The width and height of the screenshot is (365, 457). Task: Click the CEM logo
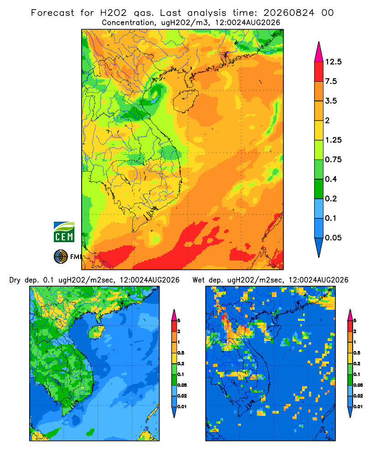click(x=64, y=232)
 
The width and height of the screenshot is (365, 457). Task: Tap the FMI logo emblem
click(x=61, y=256)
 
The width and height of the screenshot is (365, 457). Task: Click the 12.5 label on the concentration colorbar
click(x=333, y=62)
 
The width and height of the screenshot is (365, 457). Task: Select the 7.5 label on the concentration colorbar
click(x=331, y=81)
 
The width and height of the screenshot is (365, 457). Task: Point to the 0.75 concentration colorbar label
click(x=333, y=159)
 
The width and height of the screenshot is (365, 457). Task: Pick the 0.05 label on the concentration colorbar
click(x=333, y=238)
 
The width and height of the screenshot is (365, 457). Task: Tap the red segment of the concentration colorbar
click(x=319, y=72)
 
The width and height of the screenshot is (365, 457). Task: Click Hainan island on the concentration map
click(x=185, y=101)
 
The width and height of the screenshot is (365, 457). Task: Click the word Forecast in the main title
click(x=52, y=13)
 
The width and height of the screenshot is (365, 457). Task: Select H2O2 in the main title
click(x=113, y=13)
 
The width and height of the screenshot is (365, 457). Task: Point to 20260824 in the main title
click(x=289, y=13)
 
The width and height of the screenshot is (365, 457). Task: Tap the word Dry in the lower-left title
click(x=15, y=281)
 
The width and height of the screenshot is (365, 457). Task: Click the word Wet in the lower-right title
click(x=199, y=280)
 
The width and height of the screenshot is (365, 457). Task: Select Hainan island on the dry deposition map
click(x=96, y=332)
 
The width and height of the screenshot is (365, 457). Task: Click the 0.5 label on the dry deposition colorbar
click(x=181, y=353)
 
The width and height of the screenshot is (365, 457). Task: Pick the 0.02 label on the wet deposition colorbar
click(x=358, y=396)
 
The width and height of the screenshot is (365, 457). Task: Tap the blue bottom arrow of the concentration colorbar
click(x=319, y=247)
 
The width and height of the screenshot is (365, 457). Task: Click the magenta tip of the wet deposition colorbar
click(x=350, y=315)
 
